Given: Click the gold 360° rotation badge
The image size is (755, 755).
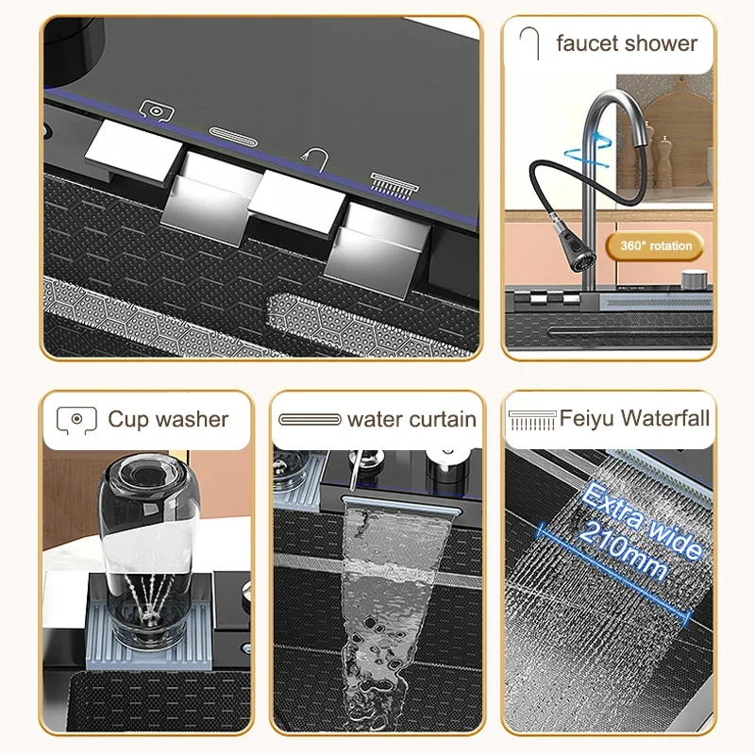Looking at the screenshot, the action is coord(655,245).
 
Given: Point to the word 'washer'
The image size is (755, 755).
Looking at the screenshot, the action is coord(192,419).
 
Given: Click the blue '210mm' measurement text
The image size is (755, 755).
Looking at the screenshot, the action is coord(623,550).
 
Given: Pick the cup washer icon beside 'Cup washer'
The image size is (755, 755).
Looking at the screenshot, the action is coord(76,420).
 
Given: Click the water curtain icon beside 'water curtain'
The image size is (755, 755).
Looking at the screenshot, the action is coord(310,419).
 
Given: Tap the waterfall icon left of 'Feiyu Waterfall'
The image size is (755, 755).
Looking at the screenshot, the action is coord(532,420).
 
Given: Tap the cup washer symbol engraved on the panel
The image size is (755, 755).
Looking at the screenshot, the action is coord(157,111).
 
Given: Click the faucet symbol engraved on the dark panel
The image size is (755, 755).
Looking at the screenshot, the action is coord(316,159).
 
